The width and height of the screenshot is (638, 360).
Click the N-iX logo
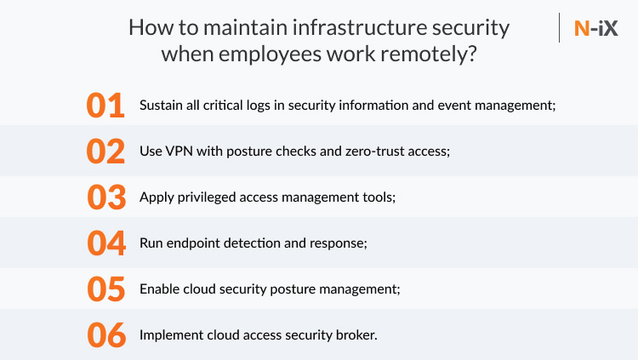click(595, 28)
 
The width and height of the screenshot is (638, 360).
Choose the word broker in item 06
click(355, 334)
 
